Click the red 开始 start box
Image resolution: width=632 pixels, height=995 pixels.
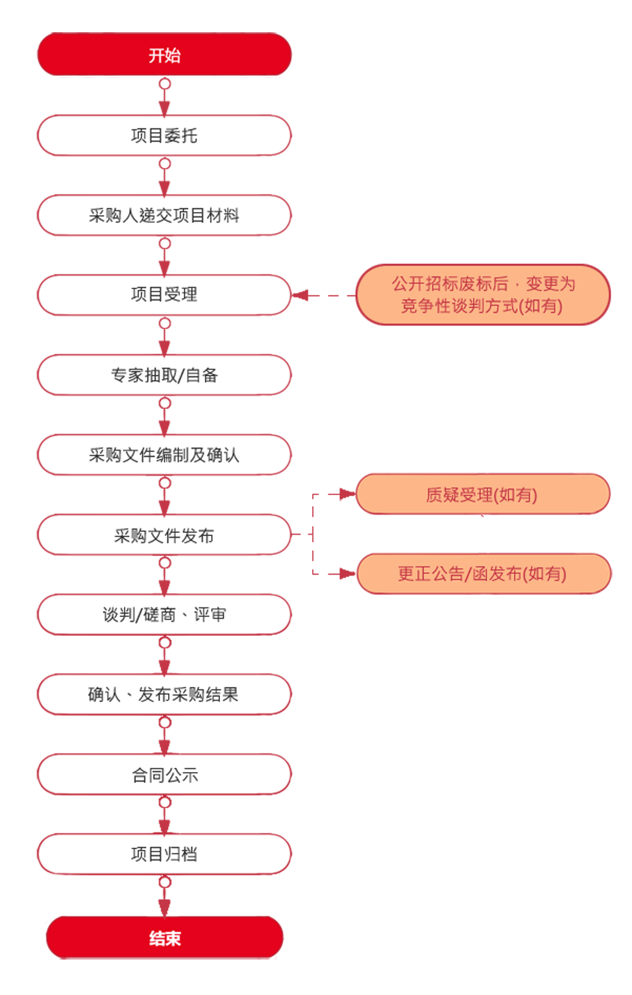pos(164,55)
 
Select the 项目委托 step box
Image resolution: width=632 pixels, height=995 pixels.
pos(164,135)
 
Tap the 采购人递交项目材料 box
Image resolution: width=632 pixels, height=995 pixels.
pos(164,215)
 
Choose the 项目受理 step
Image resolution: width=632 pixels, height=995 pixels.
pos(164,294)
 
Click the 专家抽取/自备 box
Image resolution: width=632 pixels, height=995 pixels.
pos(164,375)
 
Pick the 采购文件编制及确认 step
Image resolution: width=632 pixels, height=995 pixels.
pos(164,455)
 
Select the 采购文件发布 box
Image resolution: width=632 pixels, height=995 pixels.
pos(164,535)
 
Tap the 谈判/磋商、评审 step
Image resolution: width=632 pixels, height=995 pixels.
pos(164,614)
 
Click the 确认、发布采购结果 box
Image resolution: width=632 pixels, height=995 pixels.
pos(164,694)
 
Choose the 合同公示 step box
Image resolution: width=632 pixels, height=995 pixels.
pos(164,775)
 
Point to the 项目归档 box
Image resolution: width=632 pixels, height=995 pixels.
pos(164,854)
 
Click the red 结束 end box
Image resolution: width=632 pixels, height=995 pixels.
pos(164,938)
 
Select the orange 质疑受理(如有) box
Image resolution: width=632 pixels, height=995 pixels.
pos(482,494)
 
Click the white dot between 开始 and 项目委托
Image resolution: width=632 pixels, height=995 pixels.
pos(165,83)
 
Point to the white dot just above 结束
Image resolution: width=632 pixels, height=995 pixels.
pos(165,883)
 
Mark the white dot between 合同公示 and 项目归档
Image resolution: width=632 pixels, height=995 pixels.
pos(165,802)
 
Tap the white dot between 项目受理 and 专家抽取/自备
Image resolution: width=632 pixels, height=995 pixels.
pos(165,323)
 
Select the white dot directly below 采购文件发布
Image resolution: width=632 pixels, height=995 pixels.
pos(165,563)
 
